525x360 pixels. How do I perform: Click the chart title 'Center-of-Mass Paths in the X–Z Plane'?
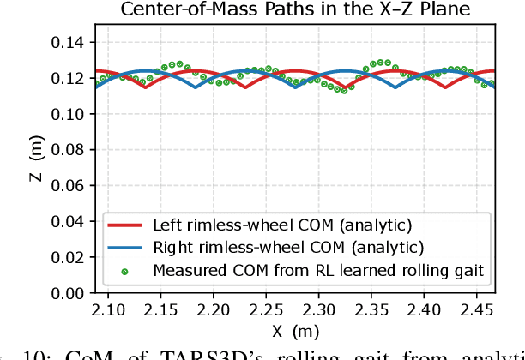pyautogui.click(x=294, y=10)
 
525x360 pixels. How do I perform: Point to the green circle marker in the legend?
pyautogui.click(x=126, y=271)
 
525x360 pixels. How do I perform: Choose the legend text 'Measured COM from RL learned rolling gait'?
pyautogui.click(x=319, y=271)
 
